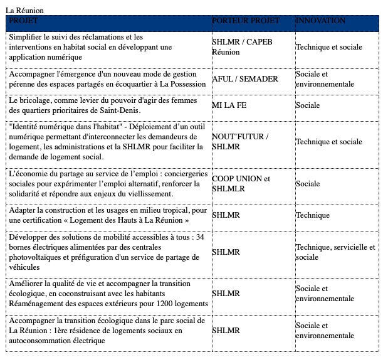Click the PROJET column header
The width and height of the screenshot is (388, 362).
tap(24, 21)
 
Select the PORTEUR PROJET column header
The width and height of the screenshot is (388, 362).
tap(246, 21)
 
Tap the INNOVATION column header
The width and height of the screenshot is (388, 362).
tap(320, 21)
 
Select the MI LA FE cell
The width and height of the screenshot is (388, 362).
tap(229, 105)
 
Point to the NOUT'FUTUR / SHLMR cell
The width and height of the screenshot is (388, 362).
tap(239, 141)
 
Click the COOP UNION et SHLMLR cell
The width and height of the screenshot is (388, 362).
tap(241, 183)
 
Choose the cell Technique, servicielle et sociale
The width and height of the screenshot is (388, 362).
tap(335, 252)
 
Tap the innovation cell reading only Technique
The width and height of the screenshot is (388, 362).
tap(313, 215)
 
